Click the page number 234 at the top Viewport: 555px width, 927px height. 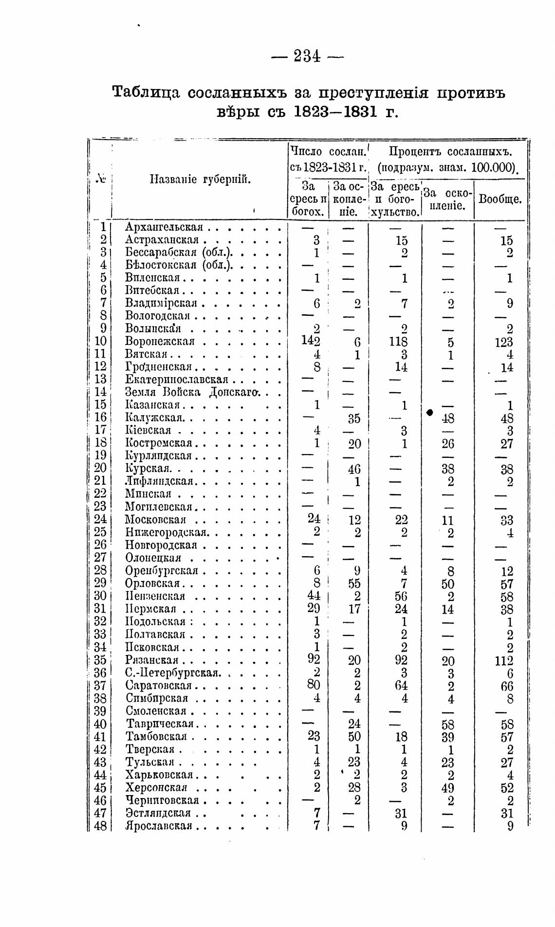(x=307, y=57)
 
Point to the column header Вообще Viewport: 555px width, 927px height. (x=500, y=199)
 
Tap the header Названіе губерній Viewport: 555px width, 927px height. (x=200, y=180)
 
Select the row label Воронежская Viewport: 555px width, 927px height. (x=160, y=342)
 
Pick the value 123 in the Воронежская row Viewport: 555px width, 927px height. (x=504, y=342)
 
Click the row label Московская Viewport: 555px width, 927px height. (x=155, y=520)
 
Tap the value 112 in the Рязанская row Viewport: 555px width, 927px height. (x=504, y=661)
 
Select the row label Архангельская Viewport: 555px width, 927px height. (x=164, y=227)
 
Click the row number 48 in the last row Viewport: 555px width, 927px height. (x=100, y=826)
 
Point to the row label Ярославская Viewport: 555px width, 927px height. (x=159, y=826)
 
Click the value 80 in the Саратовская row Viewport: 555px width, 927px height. (x=314, y=685)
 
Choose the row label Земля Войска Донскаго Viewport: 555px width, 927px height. (x=194, y=392)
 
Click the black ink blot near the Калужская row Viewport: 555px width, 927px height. (x=430, y=413)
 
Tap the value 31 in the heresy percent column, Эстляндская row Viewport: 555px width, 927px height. (x=401, y=813)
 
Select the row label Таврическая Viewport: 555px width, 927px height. (x=160, y=724)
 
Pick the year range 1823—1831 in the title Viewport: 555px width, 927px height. (x=336, y=112)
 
